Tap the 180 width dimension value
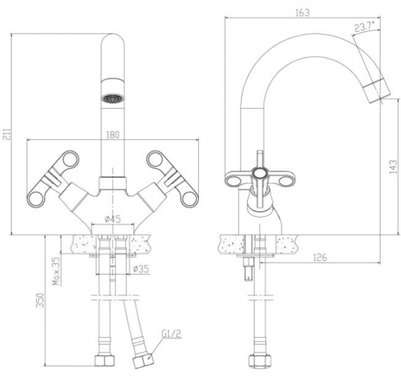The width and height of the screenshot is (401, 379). coord(112,135)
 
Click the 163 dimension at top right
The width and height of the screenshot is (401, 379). coord(302,12)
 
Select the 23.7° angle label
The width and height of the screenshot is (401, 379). coord(365,26)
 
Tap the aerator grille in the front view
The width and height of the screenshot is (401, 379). coord(112,97)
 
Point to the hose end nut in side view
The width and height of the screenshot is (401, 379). coord(254,361)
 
